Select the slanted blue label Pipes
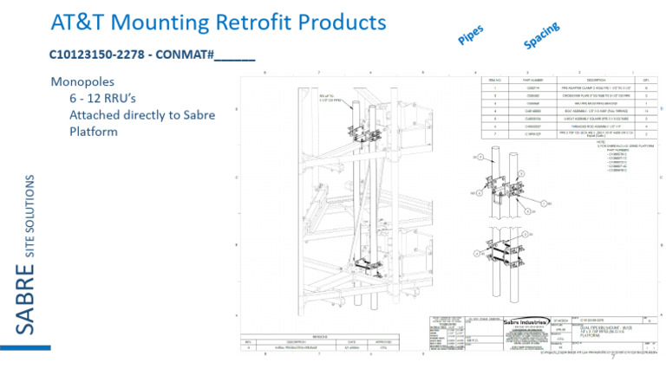[x=470, y=34]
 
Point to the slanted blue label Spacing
[x=542, y=35]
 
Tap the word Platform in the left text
[x=93, y=132]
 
